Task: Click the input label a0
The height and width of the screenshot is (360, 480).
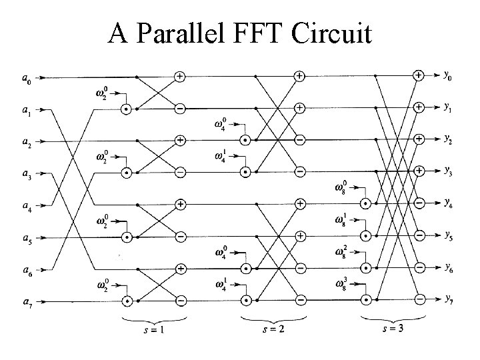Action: (x=25, y=80)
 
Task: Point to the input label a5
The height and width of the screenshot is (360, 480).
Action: (x=25, y=239)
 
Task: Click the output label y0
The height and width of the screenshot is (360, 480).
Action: (x=451, y=75)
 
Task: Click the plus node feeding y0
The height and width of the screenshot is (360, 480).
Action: (x=419, y=75)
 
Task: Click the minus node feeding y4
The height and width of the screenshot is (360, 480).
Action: (x=419, y=203)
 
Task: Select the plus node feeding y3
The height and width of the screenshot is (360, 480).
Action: (x=419, y=171)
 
